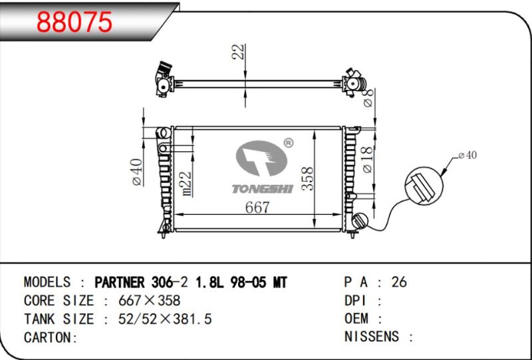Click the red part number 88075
point(74,22)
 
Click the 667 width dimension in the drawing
point(257,207)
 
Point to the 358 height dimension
point(308,178)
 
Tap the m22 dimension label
point(186,184)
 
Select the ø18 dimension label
point(368,160)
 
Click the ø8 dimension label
point(368,98)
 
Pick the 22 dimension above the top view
point(239,52)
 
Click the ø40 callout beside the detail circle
point(467,155)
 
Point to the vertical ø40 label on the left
point(137,172)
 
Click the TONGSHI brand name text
point(262,189)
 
